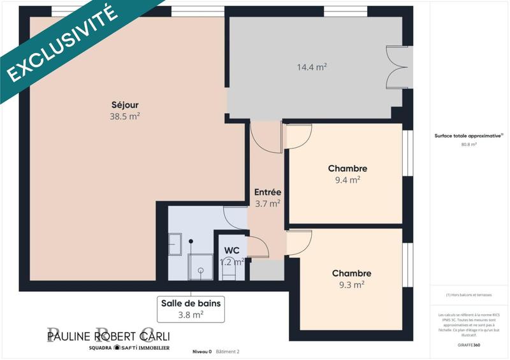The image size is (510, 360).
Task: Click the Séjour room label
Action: (x=125, y=105)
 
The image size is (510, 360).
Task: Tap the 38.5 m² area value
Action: (x=125, y=117)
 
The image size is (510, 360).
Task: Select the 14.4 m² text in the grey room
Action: (x=312, y=66)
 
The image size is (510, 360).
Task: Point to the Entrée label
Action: (x=268, y=192)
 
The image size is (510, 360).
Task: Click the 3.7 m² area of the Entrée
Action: (x=268, y=204)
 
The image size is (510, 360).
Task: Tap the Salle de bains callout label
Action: (x=190, y=303)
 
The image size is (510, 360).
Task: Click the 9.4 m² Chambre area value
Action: (x=347, y=180)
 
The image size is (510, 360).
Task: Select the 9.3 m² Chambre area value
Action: (x=351, y=285)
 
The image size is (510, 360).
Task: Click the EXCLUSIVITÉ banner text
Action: (x=64, y=43)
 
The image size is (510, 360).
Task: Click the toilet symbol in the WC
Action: (x=229, y=271)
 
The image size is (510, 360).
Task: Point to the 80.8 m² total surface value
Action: (x=469, y=145)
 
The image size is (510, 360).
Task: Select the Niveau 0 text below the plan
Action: (x=201, y=352)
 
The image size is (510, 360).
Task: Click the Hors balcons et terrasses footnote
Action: (x=469, y=295)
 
